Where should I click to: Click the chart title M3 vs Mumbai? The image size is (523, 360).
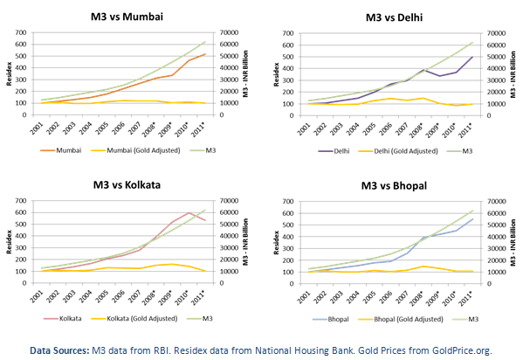(127, 17)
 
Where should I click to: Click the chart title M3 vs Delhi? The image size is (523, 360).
(394, 17)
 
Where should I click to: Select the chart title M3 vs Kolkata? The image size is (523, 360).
(127, 184)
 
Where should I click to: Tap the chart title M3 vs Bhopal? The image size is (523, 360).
(394, 185)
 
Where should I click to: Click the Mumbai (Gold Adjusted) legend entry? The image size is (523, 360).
(135, 150)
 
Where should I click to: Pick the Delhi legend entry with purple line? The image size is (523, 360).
(334, 151)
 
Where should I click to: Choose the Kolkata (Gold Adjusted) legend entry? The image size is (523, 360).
(134, 318)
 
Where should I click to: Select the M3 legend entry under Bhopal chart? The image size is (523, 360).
(465, 319)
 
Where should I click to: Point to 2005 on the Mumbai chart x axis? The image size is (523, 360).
(102, 128)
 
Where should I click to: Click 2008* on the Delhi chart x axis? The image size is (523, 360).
(416, 129)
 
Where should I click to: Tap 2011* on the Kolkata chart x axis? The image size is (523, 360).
(198, 296)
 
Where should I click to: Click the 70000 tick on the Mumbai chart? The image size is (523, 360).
(229, 32)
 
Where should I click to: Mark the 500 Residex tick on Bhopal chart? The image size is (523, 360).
(287, 225)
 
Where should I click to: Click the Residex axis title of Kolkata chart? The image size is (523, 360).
(9, 242)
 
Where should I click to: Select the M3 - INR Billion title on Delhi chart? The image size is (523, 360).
(513, 74)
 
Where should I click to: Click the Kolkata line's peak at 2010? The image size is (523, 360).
(189, 212)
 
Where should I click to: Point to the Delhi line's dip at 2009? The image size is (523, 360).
(439, 76)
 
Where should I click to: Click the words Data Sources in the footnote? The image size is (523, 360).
(59, 350)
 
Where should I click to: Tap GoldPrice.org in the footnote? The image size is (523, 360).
(462, 350)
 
